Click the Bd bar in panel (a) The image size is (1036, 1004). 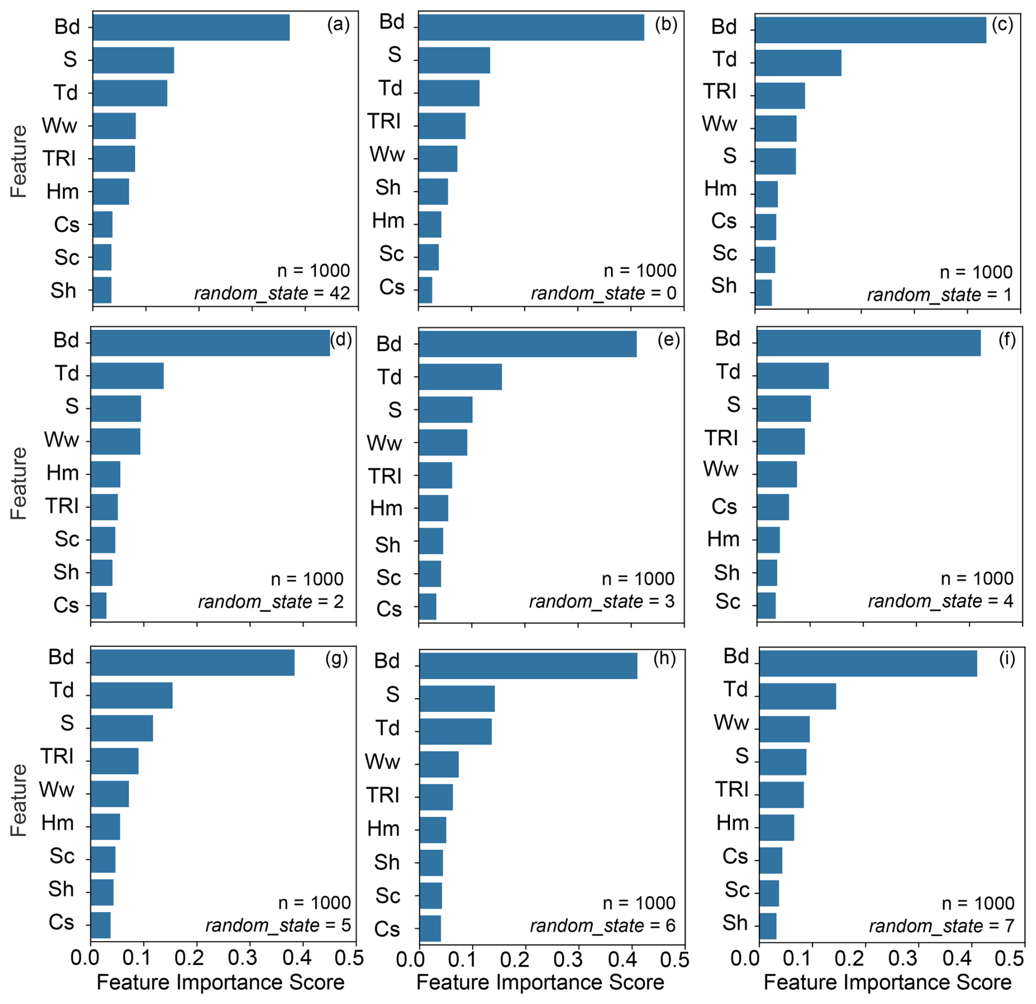[191, 27]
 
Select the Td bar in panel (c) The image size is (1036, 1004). [798, 62]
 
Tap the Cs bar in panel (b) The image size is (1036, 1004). [425, 290]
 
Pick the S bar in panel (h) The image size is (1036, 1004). [457, 698]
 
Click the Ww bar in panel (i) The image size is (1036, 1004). [784, 728]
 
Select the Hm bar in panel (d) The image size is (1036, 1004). [106, 474]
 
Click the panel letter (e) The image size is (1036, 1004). [669, 340]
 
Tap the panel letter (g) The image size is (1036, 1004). [336, 658]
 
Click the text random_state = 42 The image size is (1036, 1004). [272, 294]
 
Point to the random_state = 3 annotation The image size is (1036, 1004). [601, 601]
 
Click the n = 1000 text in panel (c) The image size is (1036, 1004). [976, 272]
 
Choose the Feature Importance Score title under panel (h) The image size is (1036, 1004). [540, 983]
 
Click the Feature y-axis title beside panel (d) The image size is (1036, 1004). [19, 483]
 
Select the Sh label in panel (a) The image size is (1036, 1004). [64, 290]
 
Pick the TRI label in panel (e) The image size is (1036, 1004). [384, 476]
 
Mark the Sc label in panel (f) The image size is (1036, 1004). [727, 601]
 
